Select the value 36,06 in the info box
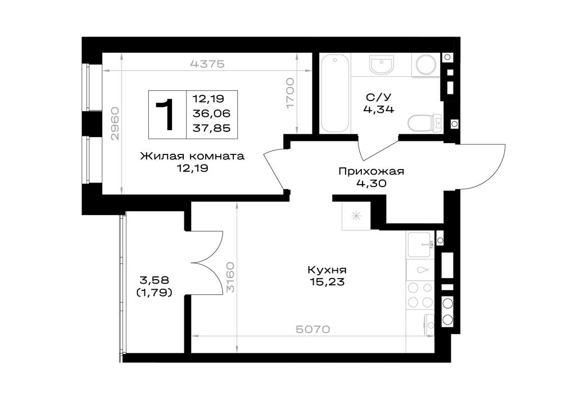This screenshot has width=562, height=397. [x=211, y=113]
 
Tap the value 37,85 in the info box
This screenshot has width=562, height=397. [x=211, y=128]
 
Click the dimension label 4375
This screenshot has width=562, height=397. [x=207, y=64]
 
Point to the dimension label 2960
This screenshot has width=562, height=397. [x=115, y=124]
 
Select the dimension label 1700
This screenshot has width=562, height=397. [x=290, y=93]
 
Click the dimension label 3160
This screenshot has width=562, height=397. [x=230, y=277]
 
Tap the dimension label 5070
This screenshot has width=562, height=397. [x=312, y=329]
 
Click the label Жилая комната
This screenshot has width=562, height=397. [x=192, y=156]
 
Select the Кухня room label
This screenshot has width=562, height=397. [x=327, y=270]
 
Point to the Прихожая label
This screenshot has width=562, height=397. [x=371, y=171]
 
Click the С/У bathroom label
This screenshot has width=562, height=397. [x=378, y=97]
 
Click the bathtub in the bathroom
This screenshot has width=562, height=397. [x=335, y=94]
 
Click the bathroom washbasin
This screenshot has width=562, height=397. [x=382, y=65]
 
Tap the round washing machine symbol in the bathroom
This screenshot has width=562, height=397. [x=426, y=65]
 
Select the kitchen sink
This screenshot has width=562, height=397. [x=420, y=245]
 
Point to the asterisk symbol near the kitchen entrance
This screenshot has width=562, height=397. [x=356, y=216]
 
